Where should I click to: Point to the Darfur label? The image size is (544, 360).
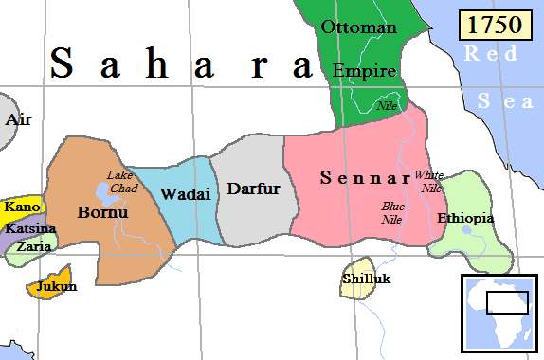click(253, 189)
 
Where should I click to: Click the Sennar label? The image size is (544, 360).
click(363, 177)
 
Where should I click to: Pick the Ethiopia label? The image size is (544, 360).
click(465, 218)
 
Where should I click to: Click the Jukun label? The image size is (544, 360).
click(56, 286)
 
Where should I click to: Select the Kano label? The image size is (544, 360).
click(21, 207)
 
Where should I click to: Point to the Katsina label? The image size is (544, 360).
click(30, 228)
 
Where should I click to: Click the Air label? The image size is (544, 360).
click(18, 120)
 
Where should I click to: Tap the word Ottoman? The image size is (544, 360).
click(358, 27)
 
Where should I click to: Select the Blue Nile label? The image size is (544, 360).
click(393, 211)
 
